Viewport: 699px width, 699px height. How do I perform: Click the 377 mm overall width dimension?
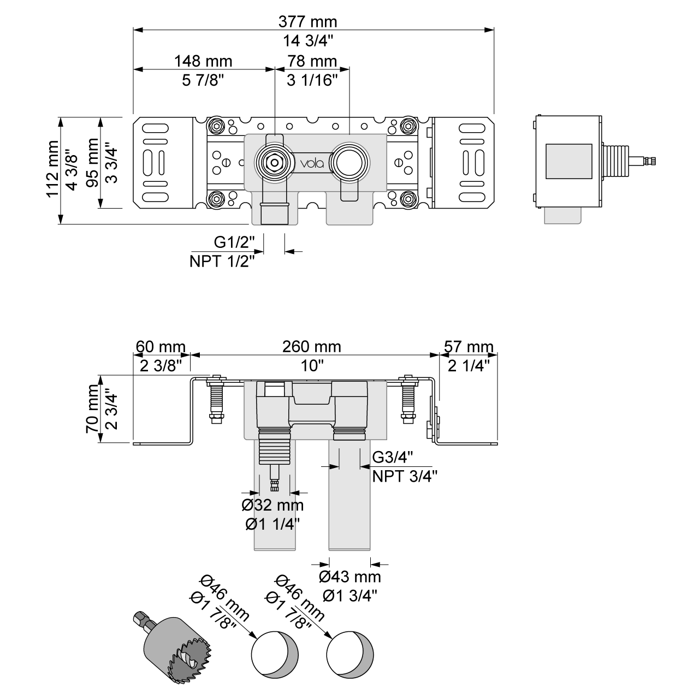click(x=307, y=22)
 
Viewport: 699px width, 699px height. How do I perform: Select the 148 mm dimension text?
click(x=203, y=61)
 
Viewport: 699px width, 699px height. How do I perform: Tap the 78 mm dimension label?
click(x=312, y=61)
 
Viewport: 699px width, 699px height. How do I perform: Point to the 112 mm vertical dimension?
click(x=52, y=169)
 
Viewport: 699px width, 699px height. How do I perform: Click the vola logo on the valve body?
click(x=311, y=163)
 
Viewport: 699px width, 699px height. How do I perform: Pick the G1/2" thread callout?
click(x=234, y=241)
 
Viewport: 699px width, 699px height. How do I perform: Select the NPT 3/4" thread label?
click(x=405, y=476)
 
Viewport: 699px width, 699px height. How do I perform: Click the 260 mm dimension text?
click(x=311, y=346)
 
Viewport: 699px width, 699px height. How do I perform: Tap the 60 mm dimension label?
click(x=161, y=346)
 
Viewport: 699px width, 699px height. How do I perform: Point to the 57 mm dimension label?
click(x=469, y=346)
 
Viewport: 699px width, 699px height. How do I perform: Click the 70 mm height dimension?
click(x=92, y=408)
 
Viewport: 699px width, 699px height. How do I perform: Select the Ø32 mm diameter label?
click(x=273, y=505)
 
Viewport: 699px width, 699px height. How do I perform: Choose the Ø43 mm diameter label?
click(x=350, y=576)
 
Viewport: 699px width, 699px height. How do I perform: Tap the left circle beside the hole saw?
click(x=275, y=653)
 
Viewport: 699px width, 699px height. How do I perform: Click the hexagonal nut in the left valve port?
click(x=271, y=162)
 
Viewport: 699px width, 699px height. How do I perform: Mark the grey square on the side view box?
click(x=569, y=162)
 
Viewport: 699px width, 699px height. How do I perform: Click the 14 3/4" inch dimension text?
click(x=308, y=40)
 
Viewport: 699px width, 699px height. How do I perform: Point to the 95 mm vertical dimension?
click(x=92, y=163)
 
